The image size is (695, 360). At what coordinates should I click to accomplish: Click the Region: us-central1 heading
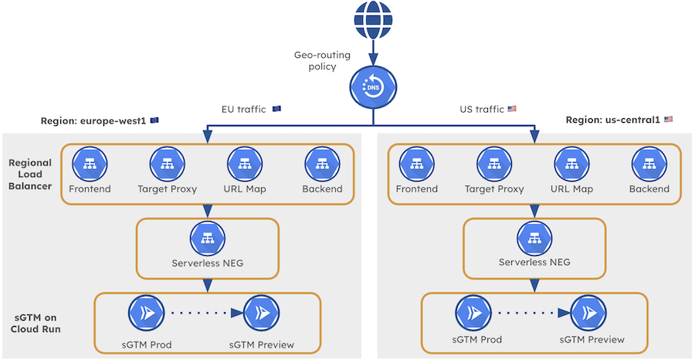[x=612, y=120]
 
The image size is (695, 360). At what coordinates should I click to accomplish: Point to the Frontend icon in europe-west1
[x=90, y=164]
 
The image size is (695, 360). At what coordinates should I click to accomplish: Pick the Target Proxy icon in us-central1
[x=495, y=164]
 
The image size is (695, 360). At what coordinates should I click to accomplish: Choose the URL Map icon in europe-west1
[x=245, y=164]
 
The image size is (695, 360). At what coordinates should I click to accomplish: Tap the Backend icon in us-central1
[x=649, y=164]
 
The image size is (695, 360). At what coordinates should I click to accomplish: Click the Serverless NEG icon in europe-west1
[x=206, y=238]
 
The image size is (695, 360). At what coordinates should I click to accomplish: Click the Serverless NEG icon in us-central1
[x=534, y=238]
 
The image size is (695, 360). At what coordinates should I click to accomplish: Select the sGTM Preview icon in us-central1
[x=588, y=314]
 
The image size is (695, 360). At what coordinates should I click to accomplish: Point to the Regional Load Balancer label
[x=30, y=176]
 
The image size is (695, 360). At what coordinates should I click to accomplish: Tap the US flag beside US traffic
[x=511, y=110]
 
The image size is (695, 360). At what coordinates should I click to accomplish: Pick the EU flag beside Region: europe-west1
[x=154, y=120]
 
